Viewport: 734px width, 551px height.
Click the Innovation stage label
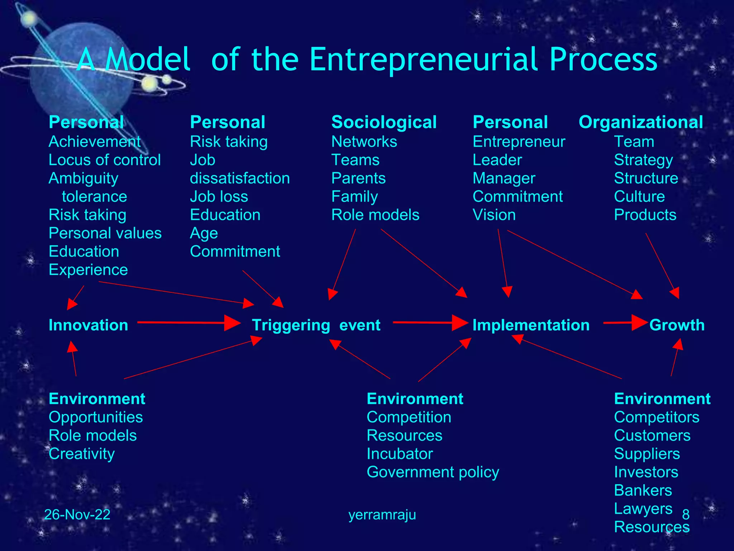[x=88, y=325]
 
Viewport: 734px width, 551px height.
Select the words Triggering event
[x=316, y=325]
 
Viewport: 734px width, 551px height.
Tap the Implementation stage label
[x=531, y=325]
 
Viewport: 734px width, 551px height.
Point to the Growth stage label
[x=677, y=325]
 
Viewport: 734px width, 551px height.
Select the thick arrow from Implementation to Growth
[x=625, y=322]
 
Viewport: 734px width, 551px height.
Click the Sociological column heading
[x=384, y=122]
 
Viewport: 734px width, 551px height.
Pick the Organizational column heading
[x=641, y=122]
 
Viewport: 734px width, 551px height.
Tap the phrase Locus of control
[x=105, y=160]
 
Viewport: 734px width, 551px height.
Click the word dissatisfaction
[x=240, y=178]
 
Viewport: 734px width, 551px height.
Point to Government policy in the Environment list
[x=433, y=472]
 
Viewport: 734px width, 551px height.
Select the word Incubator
[x=400, y=454]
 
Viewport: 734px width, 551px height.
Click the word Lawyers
[x=643, y=509]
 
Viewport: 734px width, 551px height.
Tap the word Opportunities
[x=96, y=417]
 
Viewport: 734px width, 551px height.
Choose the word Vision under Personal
[x=494, y=215]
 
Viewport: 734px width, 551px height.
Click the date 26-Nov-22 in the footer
[x=77, y=514]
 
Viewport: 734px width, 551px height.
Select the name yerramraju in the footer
[x=382, y=514]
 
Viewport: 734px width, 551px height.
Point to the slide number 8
[x=686, y=514]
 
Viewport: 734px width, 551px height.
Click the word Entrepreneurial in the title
[x=423, y=60]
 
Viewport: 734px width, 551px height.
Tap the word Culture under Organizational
[x=639, y=197]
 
